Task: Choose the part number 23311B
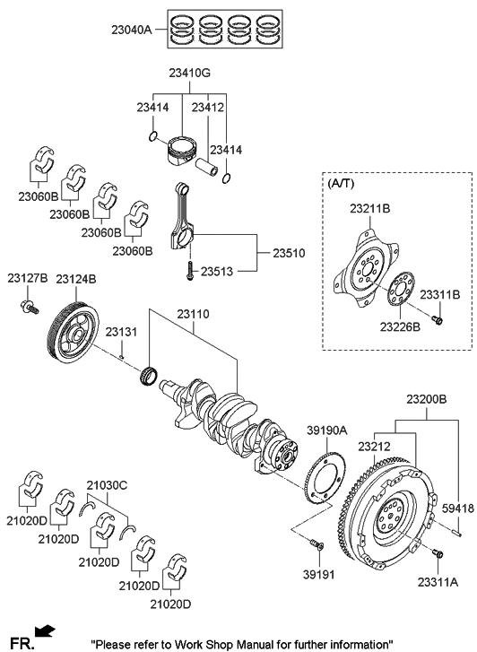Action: (442, 294)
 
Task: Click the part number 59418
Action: (457, 509)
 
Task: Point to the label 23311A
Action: (437, 582)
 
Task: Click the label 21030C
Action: (107, 485)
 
